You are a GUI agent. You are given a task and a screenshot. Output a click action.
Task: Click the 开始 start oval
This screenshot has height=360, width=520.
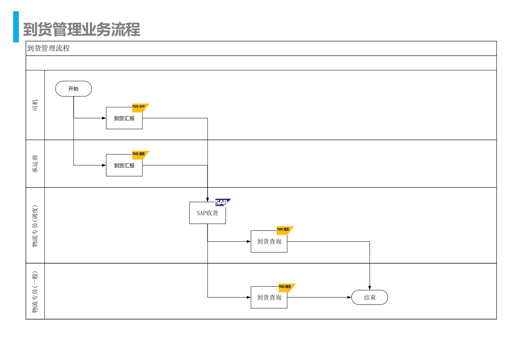point(74,89)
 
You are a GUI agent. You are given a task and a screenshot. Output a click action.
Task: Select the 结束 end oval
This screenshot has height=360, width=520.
point(370,298)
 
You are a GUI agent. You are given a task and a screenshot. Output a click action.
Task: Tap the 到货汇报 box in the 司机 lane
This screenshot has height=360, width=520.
point(124,118)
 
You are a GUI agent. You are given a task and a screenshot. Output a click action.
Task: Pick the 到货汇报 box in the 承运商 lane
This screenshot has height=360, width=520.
point(124,165)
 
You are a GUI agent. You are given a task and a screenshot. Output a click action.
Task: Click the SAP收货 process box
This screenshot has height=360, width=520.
point(207,213)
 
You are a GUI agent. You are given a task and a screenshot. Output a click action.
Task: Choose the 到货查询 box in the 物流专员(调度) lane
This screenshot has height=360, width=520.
point(269,242)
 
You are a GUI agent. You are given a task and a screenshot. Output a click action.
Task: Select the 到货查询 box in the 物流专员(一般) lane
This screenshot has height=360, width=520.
point(269,298)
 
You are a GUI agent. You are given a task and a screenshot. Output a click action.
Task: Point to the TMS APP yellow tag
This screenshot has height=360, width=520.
point(140,107)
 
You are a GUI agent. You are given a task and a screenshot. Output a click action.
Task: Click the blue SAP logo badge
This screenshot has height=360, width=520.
point(222,202)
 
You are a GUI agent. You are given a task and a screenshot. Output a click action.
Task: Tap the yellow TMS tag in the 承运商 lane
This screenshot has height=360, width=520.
point(140,154)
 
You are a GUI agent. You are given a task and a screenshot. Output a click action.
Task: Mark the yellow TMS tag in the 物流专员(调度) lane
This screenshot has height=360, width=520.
point(284,230)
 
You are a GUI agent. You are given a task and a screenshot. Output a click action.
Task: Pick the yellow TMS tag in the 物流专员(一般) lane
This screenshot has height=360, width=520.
point(286,287)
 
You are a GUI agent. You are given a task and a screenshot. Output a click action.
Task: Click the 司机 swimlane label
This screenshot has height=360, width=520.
point(35,105)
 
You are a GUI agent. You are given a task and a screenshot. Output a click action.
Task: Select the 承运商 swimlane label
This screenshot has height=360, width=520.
point(35,164)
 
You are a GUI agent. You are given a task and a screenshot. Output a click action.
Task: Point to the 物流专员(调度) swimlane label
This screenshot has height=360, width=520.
point(35,226)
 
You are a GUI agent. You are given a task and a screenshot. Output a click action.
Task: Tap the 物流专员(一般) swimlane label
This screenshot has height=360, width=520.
point(35,291)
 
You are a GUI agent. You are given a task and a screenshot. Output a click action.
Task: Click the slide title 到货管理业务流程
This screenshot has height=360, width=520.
point(82,30)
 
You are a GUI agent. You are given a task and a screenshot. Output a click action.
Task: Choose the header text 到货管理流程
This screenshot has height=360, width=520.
point(48,48)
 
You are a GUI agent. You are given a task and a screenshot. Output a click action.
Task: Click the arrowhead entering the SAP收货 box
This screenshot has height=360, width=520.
point(208,200)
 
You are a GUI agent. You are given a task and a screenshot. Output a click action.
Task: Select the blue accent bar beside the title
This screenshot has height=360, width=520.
point(16,27)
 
